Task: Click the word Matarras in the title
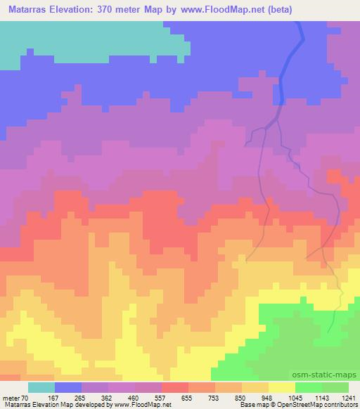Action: tap(29, 10)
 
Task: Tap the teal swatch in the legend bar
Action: tap(41, 387)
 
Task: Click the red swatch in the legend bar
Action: tap(175, 387)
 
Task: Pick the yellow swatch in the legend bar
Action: tap(281, 387)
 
